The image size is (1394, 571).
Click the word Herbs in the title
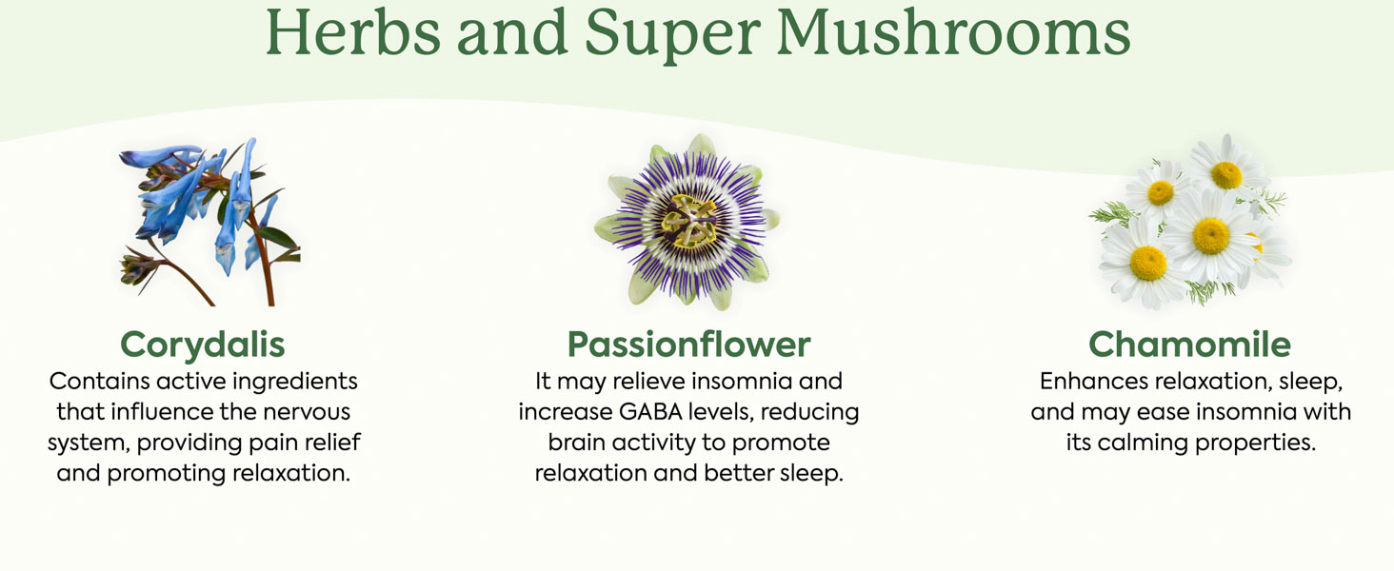click(x=353, y=31)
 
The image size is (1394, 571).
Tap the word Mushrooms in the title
click(x=953, y=31)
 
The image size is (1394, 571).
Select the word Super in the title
click(x=673, y=36)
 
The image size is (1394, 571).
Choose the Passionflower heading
click(x=689, y=344)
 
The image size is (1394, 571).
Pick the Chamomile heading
click(x=1190, y=344)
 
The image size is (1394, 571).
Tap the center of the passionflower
click(x=689, y=222)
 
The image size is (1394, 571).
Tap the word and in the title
click(x=512, y=31)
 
